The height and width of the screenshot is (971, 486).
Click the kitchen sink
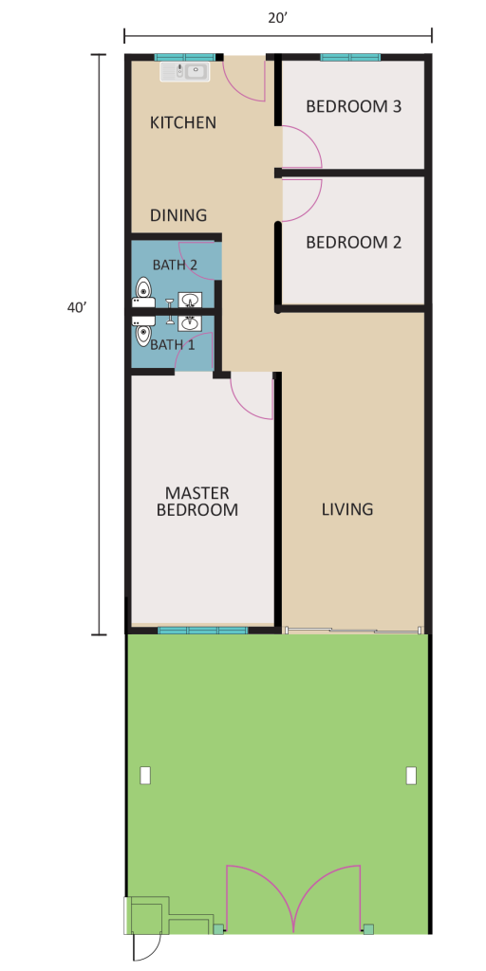(185, 71)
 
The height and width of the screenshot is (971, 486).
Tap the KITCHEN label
(183, 122)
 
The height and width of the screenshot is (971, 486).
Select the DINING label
(178, 215)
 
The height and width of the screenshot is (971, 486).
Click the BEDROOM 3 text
(354, 106)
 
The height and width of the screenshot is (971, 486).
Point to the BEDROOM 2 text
(354, 242)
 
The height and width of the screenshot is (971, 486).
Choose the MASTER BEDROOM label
(197, 502)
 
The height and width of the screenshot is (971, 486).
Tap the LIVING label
(347, 509)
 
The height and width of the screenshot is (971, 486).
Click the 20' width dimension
(278, 18)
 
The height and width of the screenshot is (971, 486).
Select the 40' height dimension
(76, 308)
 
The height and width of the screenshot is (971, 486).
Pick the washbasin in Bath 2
(190, 301)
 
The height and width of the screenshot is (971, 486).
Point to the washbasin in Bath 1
(190, 323)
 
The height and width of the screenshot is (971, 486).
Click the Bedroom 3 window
(350, 58)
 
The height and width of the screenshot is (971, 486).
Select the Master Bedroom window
(203, 631)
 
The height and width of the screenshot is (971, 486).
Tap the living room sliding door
(351, 631)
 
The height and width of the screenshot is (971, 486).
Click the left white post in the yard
(145, 776)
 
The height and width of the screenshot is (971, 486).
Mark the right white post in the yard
(411, 776)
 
